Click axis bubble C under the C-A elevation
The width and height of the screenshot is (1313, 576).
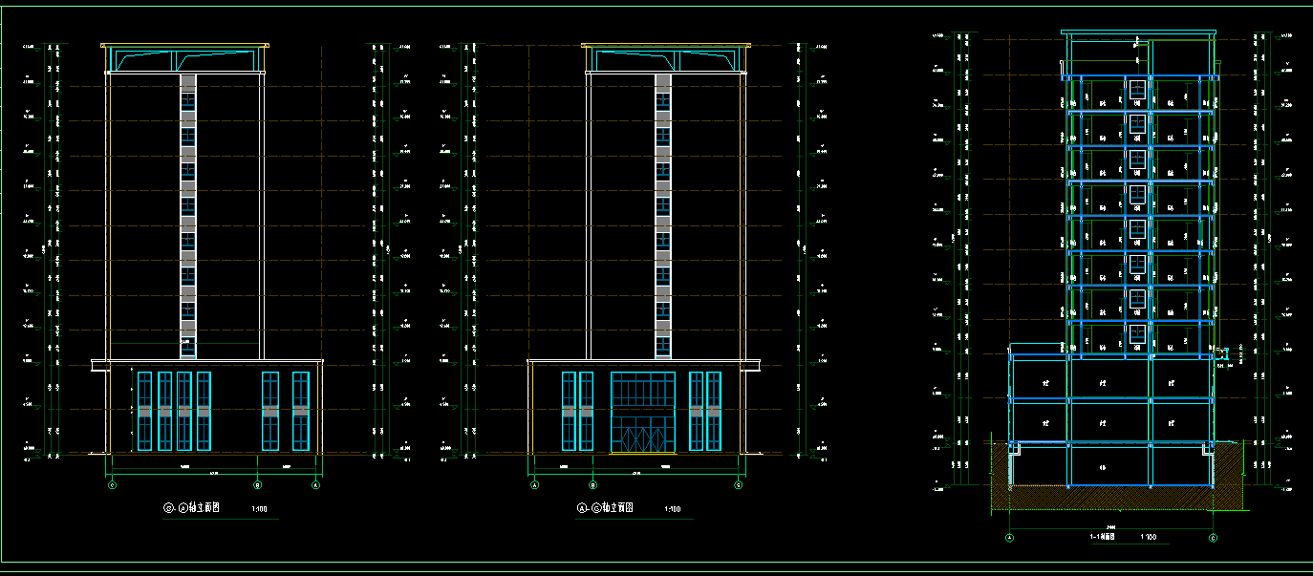point(112,485)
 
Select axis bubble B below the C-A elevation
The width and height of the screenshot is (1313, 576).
point(257,485)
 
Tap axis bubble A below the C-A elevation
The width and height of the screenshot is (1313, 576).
point(316,485)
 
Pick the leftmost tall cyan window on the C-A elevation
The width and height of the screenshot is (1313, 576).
point(144,411)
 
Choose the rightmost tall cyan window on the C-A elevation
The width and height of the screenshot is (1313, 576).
point(300,411)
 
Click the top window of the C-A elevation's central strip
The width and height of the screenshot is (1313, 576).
point(188,99)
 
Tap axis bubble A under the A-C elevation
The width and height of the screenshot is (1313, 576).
point(534,485)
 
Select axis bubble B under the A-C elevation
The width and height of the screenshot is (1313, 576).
point(593,485)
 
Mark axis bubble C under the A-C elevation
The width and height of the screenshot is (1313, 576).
point(739,485)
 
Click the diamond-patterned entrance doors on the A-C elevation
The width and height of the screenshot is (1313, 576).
point(643,436)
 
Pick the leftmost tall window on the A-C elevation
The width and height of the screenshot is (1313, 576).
point(569,411)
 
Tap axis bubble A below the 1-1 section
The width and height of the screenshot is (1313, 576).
point(1009,538)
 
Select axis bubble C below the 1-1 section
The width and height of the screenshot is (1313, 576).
point(1213,538)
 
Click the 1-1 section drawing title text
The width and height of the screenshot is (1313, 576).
point(1104,537)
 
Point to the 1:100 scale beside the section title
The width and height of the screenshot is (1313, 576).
point(1149,537)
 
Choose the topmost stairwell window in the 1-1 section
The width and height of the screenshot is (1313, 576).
point(1137,90)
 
